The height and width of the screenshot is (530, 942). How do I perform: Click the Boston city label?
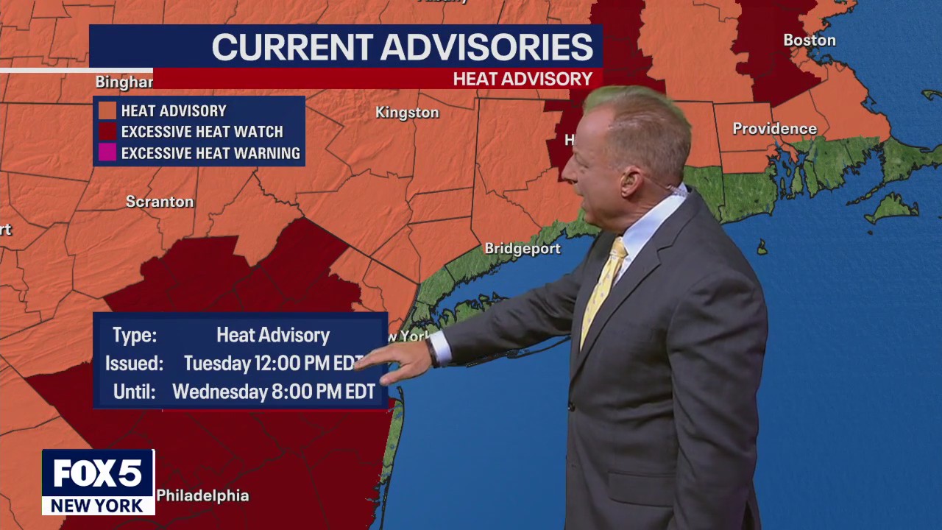pyautogui.click(x=809, y=40)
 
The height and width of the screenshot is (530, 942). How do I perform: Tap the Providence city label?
pyautogui.click(x=774, y=129)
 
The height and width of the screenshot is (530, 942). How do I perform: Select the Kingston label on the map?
pyautogui.click(x=407, y=113)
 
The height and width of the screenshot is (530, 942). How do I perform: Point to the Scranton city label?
pyautogui.click(x=160, y=202)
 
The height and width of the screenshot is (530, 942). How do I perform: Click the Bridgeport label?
pyautogui.click(x=523, y=249)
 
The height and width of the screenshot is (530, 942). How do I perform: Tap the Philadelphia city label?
pyautogui.click(x=202, y=495)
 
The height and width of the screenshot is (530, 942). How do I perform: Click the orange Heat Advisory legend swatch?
pyautogui.click(x=107, y=110)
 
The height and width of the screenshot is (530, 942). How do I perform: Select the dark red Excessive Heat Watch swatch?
pyautogui.click(x=107, y=132)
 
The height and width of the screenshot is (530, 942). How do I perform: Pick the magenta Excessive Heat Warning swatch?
pyautogui.click(x=107, y=153)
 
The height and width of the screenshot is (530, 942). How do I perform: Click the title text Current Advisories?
pyautogui.click(x=402, y=47)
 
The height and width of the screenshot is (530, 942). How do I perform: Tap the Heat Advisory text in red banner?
pyautogui.click(x=523, y=79)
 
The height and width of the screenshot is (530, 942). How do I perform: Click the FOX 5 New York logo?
pyautogui.click(x=98, y=482)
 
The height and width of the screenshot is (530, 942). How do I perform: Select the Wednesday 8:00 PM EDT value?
pyautogui.click(x=274, y=392)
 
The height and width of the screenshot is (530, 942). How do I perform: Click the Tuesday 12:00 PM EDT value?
pyautogui.click(x=272, y=364)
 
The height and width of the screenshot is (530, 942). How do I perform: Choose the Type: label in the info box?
pyautogui.click(x=134, y=336)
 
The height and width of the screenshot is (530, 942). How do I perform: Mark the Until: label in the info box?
pyautogui.click(x=134, y=392)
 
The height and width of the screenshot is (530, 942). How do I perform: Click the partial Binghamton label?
pyautogui.click(x=124, y=82)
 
